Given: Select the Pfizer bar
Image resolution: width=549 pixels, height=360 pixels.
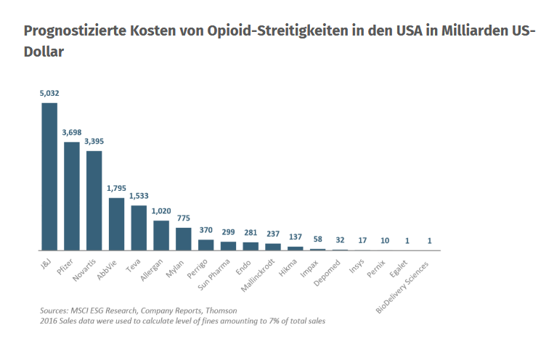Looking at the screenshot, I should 72,196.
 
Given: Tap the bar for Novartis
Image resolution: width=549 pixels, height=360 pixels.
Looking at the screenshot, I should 94,200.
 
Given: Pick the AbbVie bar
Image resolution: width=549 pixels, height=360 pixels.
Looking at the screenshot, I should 116,224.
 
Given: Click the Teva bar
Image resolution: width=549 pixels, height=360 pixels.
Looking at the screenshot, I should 139,228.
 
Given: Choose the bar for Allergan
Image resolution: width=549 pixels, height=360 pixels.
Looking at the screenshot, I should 161,235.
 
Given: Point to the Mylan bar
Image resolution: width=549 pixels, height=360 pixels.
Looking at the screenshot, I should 184,239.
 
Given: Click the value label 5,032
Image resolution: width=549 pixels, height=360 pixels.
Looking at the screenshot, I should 49,94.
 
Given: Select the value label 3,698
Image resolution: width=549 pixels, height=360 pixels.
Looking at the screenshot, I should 72,133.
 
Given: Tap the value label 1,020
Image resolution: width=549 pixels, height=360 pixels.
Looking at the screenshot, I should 161,211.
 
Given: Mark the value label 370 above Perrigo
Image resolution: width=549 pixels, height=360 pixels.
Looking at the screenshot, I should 206,230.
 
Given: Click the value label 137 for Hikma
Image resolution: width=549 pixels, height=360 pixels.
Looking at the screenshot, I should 296,237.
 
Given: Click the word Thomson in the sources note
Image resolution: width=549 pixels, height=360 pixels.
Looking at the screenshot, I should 220,310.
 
